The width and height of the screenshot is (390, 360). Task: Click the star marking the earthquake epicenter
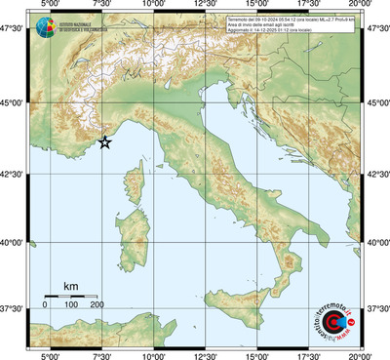tap(105, 142)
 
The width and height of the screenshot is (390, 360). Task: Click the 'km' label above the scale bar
tap(70, 286)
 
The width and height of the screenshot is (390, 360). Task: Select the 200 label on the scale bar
tap(97, 305)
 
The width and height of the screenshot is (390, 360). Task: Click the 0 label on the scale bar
tap(45, 305)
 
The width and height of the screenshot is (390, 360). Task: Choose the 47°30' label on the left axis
tap(14, 30)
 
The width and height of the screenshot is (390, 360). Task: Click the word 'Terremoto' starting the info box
tap(239, 19)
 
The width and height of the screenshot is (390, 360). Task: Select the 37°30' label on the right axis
tap(375, 309)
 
